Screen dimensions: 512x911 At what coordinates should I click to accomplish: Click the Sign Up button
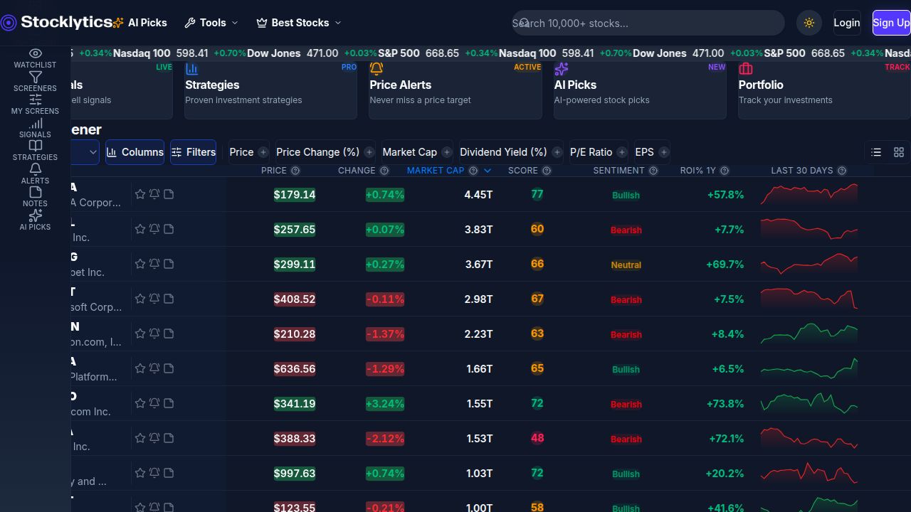[891, 23]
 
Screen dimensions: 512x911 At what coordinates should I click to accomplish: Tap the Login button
[846, 23]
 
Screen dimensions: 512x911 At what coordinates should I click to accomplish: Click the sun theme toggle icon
[809, 23]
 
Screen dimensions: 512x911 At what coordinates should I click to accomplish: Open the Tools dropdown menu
[211, 23]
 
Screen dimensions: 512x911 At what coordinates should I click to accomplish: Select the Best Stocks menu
[299, 23]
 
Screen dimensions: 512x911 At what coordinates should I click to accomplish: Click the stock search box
[648, 23]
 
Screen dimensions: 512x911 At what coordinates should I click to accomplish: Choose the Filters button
[193, 152]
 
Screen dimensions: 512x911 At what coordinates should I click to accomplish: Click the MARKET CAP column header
[435, 171]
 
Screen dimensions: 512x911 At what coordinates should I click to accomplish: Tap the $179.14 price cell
[295, 195]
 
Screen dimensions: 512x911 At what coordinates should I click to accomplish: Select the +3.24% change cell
[384, 404]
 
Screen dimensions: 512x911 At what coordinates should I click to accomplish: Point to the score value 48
[537, 438]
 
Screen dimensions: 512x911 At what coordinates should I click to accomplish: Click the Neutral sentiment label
[626, 265]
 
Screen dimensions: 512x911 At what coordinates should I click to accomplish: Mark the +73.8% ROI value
[725, 404]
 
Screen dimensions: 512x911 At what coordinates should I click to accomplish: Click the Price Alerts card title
[400, 85]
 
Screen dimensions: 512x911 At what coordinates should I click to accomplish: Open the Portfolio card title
[761, 85]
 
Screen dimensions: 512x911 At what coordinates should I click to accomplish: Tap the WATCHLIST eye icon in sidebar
[35, 53]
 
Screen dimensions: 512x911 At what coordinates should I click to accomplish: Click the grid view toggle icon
[899, 152]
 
